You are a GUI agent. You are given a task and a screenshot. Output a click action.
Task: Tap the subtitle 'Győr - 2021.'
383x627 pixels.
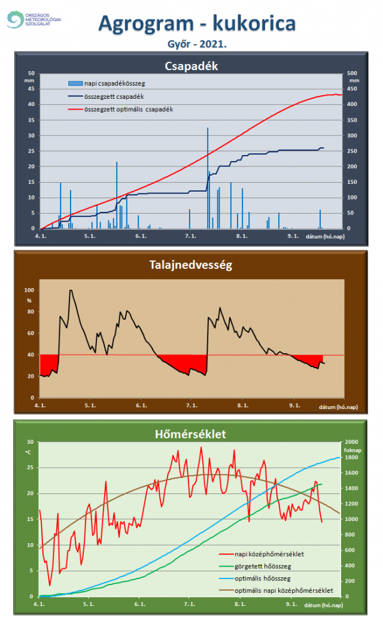(x=197, y=44)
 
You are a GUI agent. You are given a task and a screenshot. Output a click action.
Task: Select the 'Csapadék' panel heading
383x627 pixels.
(x=191, y=66)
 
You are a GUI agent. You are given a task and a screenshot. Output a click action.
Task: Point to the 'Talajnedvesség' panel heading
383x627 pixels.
(x=191, y=264)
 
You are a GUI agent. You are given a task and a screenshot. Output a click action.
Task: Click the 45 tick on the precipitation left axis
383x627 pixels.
(x=31, y=89)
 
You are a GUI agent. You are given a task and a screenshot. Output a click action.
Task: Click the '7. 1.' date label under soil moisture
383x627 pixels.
(x=191, y=405)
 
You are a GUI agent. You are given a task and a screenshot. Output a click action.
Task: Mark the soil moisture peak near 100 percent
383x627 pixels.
(x=71, y=291)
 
